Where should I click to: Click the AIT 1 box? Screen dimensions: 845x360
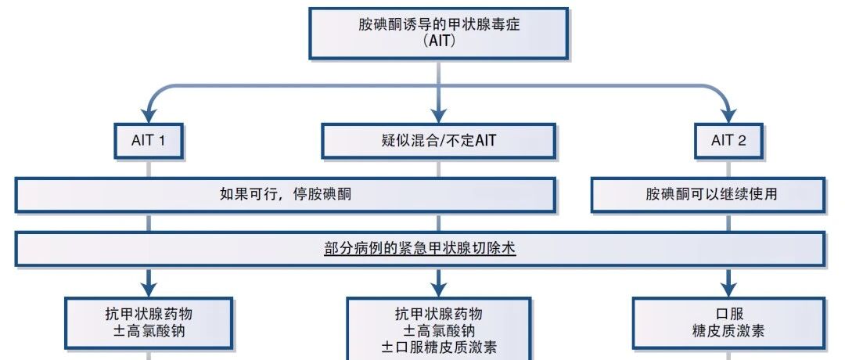click(149, 141)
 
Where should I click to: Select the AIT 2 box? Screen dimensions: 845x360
click(728, 141)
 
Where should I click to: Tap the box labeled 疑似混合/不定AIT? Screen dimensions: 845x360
click(438, 141)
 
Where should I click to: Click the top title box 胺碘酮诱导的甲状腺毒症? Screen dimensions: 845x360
click(439, 33)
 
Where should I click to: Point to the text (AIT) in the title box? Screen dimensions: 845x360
click(439, 41)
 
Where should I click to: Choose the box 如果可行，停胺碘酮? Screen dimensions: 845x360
click(285, 195)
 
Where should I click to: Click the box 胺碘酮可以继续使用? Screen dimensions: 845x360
click(708, 195)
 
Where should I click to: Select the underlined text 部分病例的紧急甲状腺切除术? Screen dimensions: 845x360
click(420, 248)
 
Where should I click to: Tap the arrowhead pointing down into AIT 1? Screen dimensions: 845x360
click(149, 116)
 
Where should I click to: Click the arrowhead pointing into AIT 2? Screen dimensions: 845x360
click(728, 116)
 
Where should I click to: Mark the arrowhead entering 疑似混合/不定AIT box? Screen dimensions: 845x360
click(439, 116)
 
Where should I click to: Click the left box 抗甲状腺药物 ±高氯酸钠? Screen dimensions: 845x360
click(149, 322)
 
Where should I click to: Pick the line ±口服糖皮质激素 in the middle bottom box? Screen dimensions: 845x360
click(439, 347)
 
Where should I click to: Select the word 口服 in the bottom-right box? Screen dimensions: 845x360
click(728, 314)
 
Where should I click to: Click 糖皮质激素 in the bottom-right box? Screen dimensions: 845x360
click(728, 330)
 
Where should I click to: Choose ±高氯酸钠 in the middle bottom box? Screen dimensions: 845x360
click(439, 329)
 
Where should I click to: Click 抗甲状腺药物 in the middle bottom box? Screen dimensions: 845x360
click(439, 314)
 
